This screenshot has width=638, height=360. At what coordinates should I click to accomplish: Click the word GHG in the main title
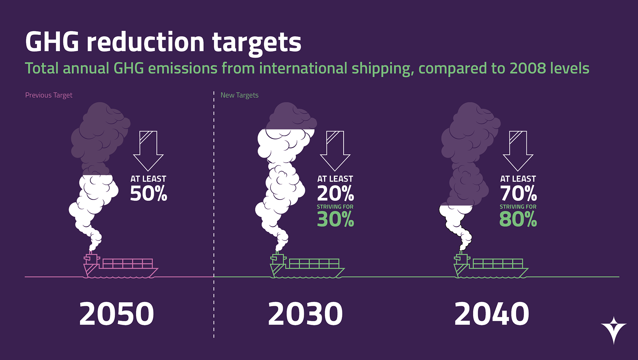[x=52, y=42]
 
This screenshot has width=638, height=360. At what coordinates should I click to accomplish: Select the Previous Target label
[x=49, y=95]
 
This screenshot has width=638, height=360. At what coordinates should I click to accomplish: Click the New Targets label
[x=239, y=95]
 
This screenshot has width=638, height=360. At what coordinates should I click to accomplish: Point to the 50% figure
[x=148, y=193]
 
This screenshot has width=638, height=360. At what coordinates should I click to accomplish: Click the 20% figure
[x=335, y=193]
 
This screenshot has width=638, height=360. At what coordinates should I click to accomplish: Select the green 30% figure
[x=335, y=219]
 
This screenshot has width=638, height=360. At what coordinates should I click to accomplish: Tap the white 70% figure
[x=518, y=193]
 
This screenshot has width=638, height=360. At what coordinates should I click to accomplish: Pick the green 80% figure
[x=518, y=219]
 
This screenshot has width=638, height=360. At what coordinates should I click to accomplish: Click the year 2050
[x=117, y=314]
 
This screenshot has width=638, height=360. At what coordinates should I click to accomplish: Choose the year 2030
[x=305, y=314]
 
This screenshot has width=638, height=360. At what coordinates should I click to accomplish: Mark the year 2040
[x=492, y=314]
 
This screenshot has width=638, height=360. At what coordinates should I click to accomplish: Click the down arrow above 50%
[x=148, y=150]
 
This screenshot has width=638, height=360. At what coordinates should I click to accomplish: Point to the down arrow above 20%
[x=335, y=150]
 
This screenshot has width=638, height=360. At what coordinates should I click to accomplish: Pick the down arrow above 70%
[x=518, y=150]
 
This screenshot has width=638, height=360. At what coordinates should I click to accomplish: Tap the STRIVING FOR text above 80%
[x=518, y=207]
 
